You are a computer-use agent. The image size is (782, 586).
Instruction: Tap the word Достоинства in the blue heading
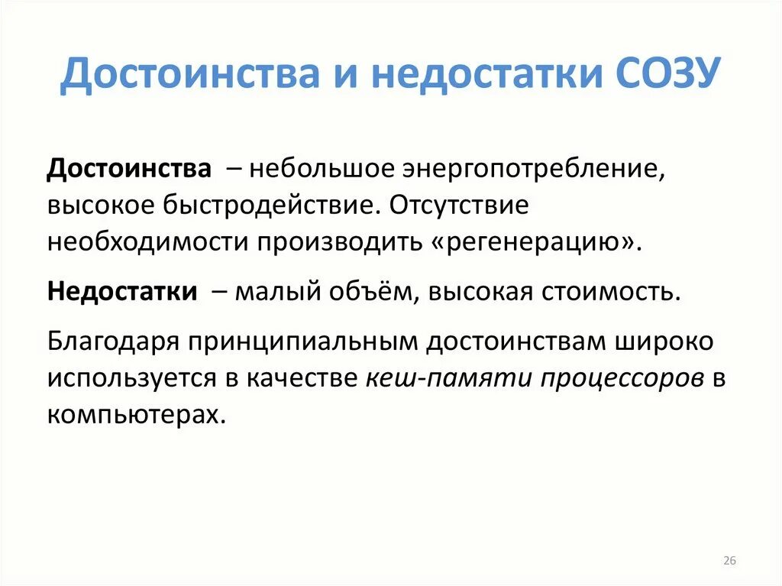(187, 77)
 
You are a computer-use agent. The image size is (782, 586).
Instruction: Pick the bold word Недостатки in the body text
(122, 292)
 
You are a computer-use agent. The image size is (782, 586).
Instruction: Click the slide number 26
(729, 561)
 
